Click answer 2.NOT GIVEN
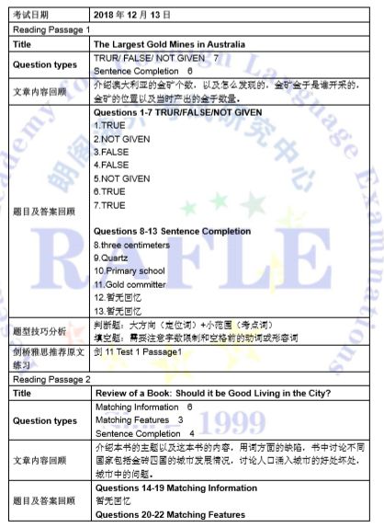click(x=121, y=139)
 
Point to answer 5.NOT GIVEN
click(x=121, y=178)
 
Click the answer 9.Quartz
click(x=112, y=258)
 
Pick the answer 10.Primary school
click(x=130, y=272)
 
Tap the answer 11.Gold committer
click(x=130, y=285)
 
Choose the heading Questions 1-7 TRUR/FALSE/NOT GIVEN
click(x=180, y=111)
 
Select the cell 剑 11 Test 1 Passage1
click(x=138, y=353)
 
